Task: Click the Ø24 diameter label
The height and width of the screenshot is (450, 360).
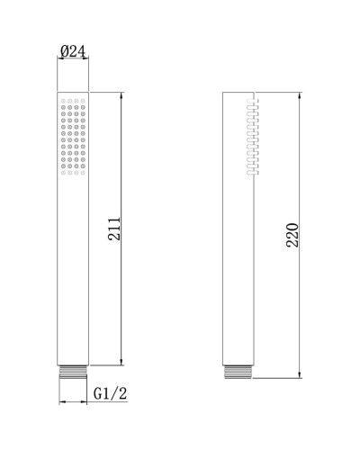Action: pyautogui.click(x=73, y=52)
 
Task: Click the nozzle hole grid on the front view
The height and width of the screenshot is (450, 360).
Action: pyautogui.click(x=73, y=136)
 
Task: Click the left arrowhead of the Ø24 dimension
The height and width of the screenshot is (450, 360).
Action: pyautogui.click(x=59, y=62)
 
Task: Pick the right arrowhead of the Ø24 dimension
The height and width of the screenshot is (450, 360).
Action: pyautogui.click(x=86, y=62)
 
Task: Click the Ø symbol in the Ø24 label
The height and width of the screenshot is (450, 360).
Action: pyautogui.click(x=65, y=52)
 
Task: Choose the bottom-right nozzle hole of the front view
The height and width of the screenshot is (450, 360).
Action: pyautogui.click(x=83, y=171)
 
